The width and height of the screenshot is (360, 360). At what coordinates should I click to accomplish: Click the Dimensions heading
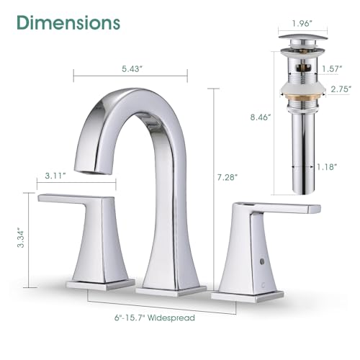pos(68,23)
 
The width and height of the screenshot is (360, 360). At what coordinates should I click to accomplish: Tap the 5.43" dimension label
pos(130,69)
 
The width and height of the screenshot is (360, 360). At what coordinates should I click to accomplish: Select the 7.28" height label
pos(228,177)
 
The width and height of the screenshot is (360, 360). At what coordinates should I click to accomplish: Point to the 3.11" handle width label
pos(55,176)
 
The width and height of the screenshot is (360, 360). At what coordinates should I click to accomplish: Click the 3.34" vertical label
pos(21,239)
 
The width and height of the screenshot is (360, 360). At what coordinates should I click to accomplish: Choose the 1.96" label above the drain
pos(302,24)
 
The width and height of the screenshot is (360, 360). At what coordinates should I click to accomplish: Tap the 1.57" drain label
pos(332,69)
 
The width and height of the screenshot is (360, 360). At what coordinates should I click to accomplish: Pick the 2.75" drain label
pos(341,89)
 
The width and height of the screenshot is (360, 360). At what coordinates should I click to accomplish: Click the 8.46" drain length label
pos(261,117)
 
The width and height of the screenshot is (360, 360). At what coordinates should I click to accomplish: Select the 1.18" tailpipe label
pos(327,166)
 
